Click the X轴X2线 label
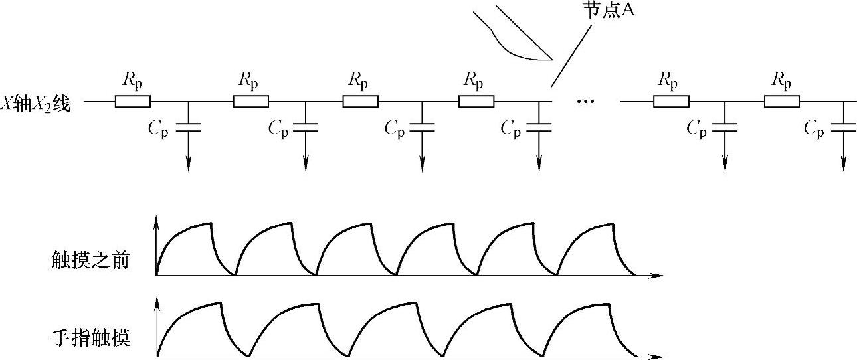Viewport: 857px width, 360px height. pos(41,103)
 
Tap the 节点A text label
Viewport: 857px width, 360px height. pos(607,11)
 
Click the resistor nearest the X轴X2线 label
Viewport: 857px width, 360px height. pos(132,102)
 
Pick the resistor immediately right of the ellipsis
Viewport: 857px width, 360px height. pos(671,102)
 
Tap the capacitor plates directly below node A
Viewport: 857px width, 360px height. pos(539,126)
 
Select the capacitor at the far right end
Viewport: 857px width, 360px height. pos(844,126)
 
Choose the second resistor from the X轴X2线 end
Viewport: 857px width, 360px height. pos(250,102)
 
